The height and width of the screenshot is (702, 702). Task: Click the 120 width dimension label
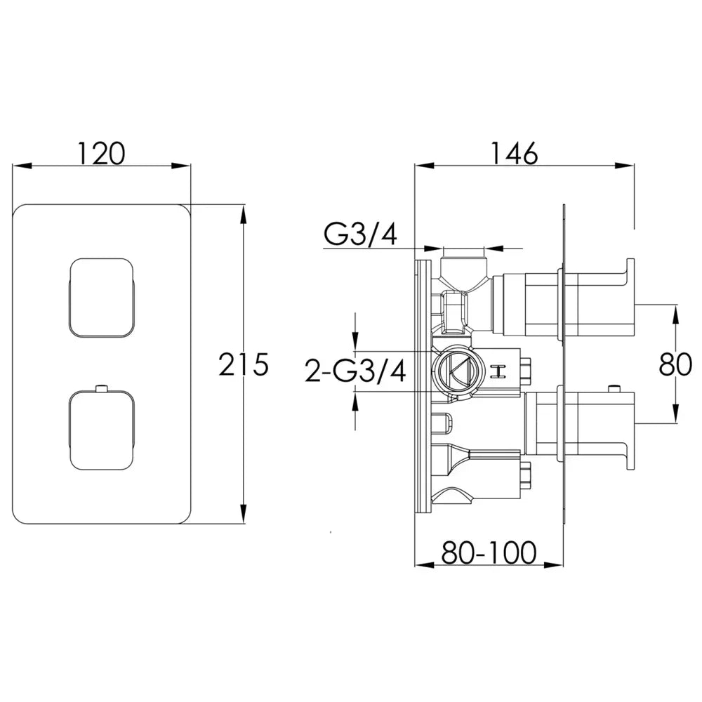point(102,153)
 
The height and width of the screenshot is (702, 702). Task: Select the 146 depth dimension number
point(515,153)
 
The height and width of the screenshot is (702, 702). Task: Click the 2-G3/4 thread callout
point(355,371)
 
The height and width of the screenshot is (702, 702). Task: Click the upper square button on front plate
point(102,298)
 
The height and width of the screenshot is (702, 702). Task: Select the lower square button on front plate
point(102,430)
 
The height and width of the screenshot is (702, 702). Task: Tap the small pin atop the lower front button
point(102,388)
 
